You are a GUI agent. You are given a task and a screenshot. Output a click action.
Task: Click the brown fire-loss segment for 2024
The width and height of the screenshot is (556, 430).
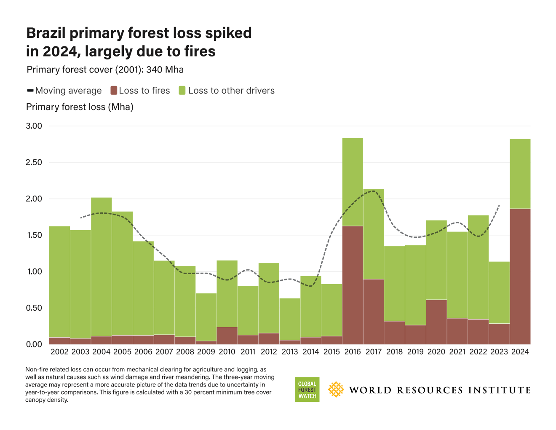520,276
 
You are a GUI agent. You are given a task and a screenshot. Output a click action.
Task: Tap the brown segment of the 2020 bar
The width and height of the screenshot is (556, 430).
436,322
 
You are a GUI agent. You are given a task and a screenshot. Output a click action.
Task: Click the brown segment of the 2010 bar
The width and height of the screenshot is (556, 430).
227,336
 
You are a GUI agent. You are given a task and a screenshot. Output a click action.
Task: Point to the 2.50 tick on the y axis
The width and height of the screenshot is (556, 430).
34,162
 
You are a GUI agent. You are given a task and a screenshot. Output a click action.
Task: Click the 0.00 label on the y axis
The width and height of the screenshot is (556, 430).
34,344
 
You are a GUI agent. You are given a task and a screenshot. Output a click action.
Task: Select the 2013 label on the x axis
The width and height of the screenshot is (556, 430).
290,352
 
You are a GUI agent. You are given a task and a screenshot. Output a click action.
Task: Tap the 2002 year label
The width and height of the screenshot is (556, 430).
59,352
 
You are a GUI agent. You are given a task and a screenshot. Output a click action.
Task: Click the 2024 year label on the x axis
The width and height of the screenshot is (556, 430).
520,352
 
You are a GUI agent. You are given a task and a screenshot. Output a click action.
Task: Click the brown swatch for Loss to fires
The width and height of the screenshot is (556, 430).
114,91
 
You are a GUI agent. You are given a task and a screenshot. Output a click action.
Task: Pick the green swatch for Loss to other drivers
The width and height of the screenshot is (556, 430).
182,91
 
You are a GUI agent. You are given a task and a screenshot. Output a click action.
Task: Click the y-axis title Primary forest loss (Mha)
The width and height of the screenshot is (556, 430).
80,107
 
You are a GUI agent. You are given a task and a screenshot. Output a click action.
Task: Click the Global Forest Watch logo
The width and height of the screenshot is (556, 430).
307,390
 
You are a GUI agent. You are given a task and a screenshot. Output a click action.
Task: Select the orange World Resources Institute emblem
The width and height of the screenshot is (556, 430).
336,390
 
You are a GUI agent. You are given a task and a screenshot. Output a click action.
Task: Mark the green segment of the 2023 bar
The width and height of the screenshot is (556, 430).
499,293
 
